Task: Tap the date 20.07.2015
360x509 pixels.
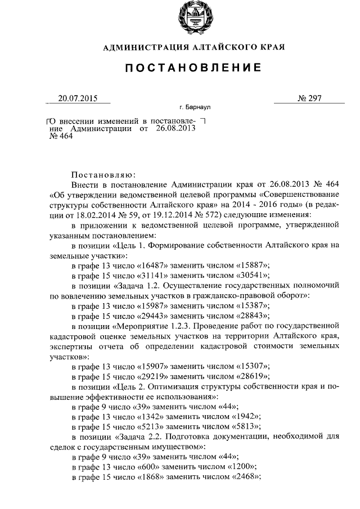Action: (x=78, y=98)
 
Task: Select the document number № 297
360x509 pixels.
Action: (x=309, y=98)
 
